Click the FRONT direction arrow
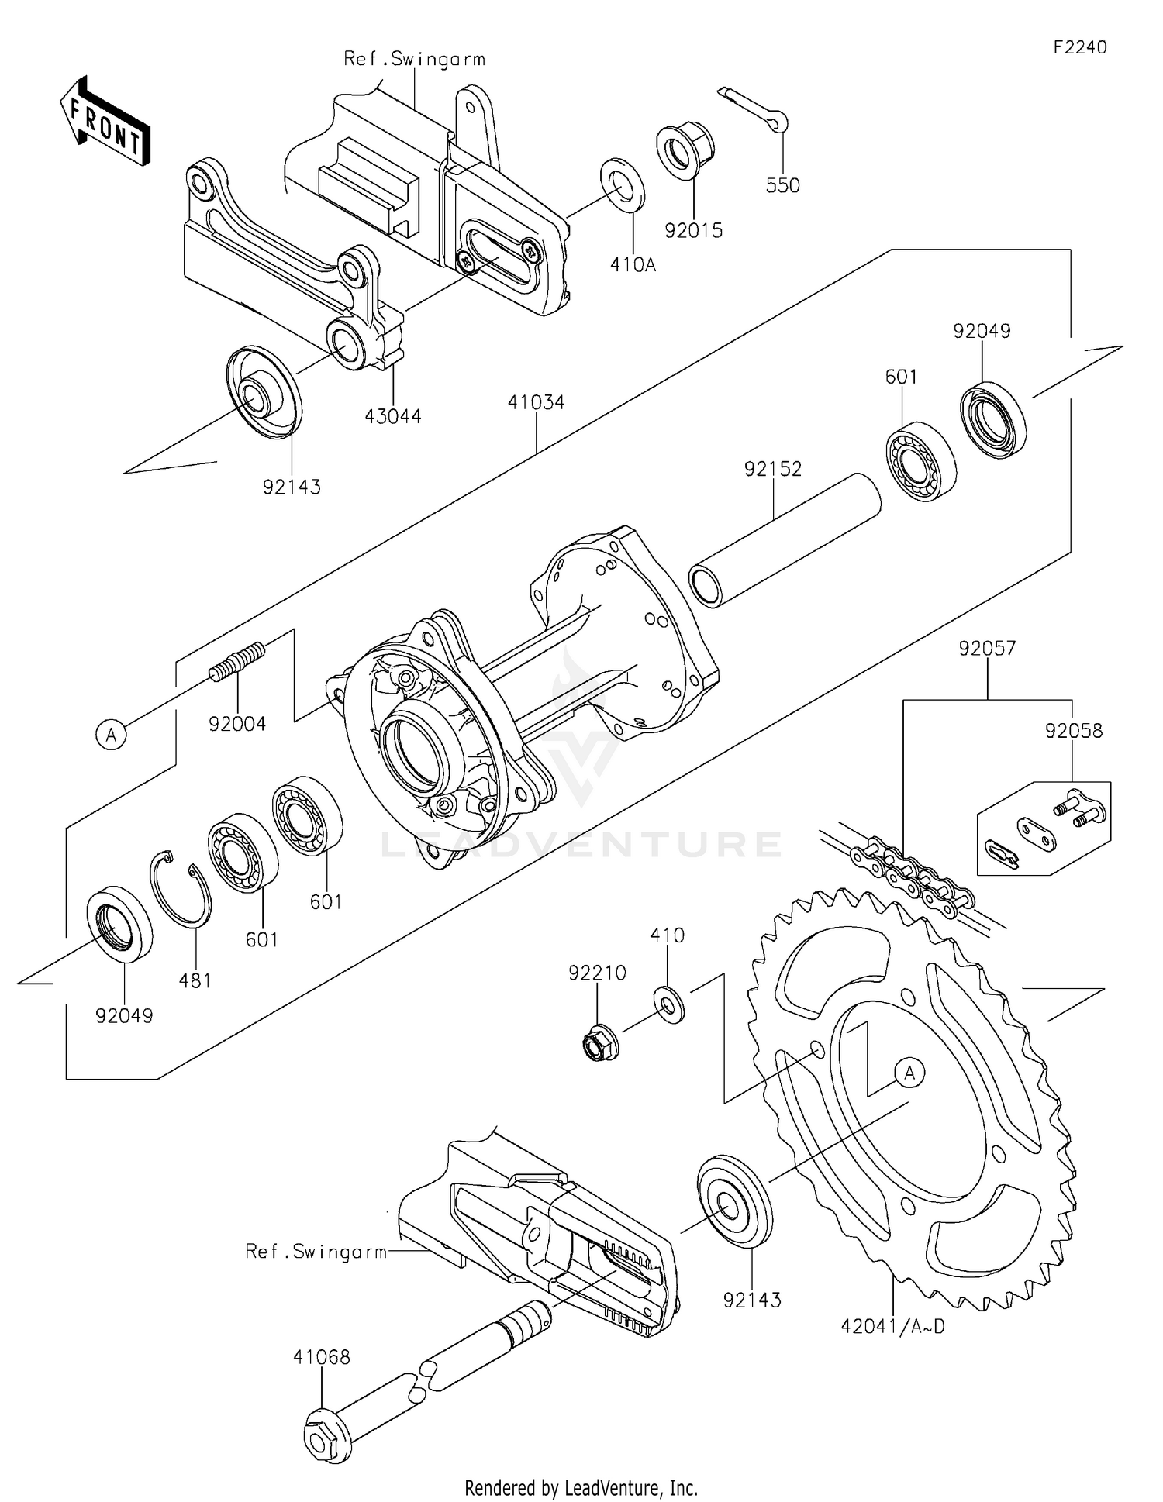105,121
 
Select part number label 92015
693,231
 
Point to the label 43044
393,416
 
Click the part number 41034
536,402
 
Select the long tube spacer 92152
785,539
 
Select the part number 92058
1073,730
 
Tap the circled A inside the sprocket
909,1073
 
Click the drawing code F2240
1080,47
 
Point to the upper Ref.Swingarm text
414,59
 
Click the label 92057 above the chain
987,648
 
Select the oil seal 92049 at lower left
119,924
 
